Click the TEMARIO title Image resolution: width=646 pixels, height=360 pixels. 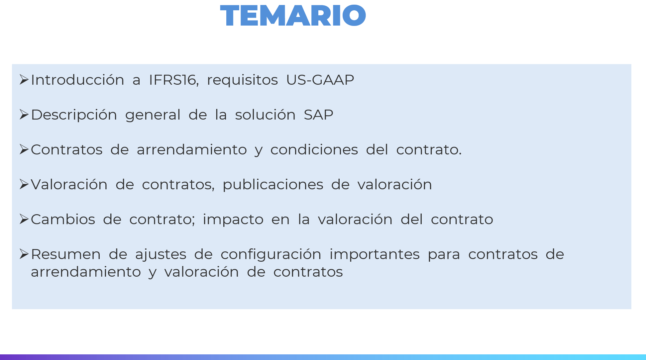pos(293,15)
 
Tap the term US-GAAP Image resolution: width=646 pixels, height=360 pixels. pos(320,80)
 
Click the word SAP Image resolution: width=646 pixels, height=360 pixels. pos(318,115)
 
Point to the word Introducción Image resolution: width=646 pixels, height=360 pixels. pos(77,80)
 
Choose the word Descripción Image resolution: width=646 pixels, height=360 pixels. pos(74,115)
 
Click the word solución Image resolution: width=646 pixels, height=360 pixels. pos(265,115)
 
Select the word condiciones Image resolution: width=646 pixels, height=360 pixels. pos(314,149)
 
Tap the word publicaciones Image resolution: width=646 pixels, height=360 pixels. pos(273,185)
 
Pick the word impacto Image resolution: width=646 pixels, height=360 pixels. pos(233,220)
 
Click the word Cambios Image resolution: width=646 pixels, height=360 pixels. pos(63,220)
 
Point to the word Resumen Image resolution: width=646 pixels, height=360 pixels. pos(66,254)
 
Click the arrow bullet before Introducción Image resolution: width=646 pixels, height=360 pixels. pos(24,80)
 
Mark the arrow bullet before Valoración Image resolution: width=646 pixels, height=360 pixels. pos(24,184)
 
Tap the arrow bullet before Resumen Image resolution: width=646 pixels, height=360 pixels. pos(24,254)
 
